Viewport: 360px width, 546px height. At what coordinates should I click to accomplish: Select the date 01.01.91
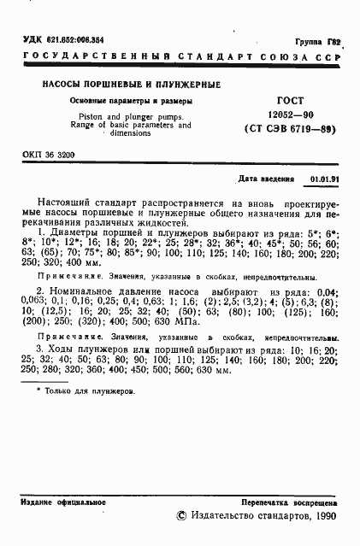[322, 181]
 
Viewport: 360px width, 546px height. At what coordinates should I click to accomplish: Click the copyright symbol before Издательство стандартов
[180, 517]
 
